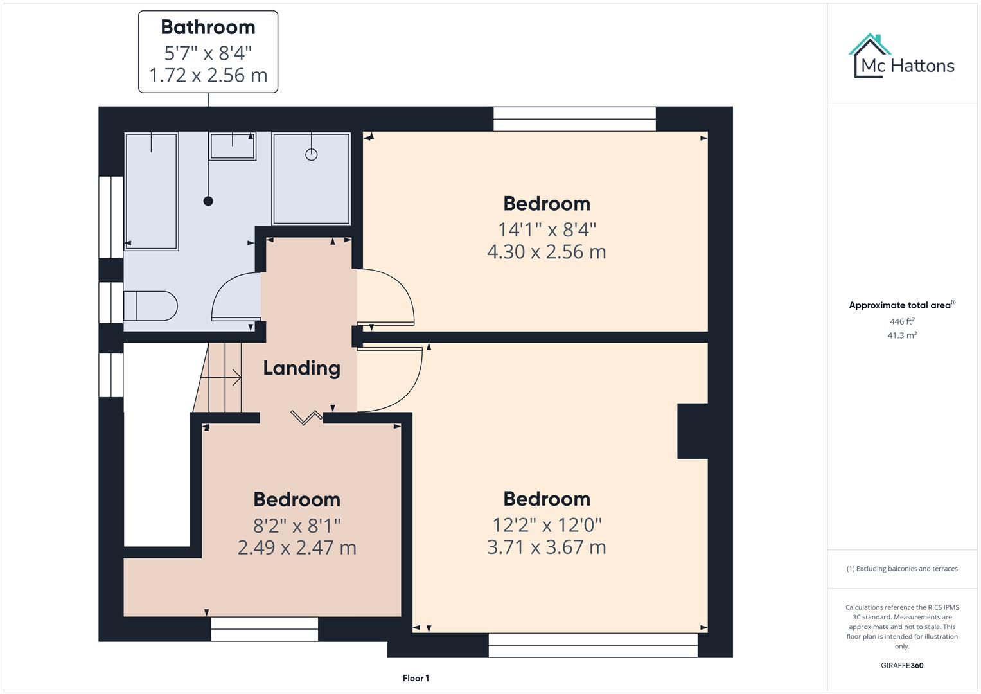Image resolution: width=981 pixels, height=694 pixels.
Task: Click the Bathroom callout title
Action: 208,27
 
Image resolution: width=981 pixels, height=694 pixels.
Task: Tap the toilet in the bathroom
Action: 151,306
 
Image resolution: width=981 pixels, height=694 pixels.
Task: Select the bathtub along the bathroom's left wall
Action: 151,191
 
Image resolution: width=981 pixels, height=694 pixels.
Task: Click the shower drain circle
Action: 312,154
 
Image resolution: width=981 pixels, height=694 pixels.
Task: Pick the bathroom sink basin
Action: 232,147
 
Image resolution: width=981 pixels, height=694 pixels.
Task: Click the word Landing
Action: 301,368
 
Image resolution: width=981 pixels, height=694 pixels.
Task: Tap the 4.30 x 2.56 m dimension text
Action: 546,252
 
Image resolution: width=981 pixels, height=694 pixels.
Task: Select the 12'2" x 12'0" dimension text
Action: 547,525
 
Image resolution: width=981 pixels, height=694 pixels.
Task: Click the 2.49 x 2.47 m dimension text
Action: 297,547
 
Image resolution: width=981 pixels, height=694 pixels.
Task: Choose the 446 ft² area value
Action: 901,321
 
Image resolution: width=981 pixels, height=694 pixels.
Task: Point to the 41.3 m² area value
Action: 901,335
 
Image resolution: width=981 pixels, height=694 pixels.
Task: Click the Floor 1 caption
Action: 416,678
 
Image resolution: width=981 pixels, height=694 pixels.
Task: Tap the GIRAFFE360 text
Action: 901,665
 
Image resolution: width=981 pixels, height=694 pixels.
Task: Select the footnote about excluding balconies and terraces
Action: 901,569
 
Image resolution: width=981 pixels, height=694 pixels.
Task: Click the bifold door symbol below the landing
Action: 306,418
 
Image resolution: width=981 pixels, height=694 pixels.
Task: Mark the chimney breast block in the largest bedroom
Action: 693,431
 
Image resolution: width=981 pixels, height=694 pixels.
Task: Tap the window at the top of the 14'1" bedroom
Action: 574,119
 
